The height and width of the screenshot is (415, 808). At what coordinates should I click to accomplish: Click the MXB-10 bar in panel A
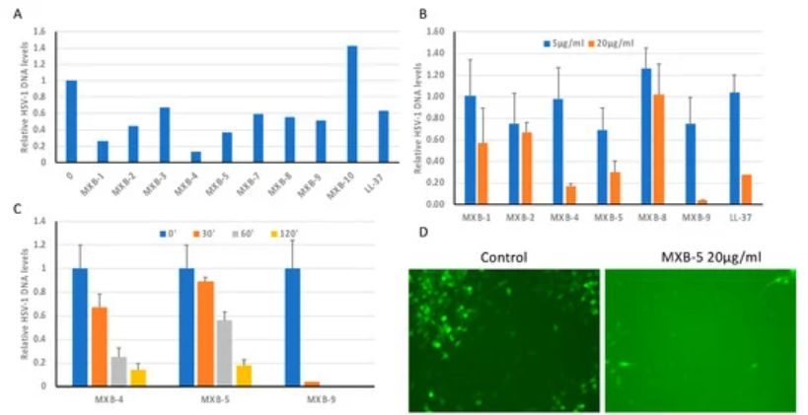click(x=352, y=104)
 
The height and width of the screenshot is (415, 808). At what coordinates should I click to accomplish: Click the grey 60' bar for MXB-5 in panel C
click(x=226, y=353)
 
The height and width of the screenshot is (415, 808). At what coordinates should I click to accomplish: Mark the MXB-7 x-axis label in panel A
click(x=255, y=179)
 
